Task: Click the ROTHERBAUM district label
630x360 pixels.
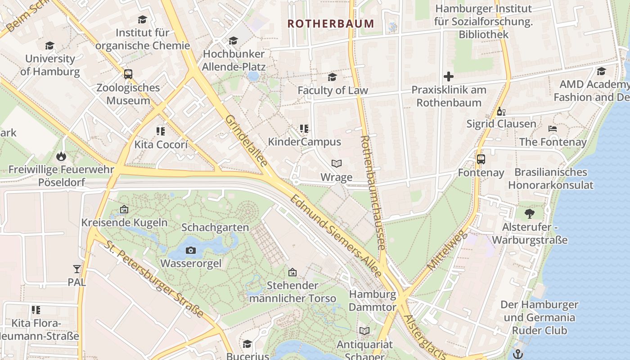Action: (331, 23)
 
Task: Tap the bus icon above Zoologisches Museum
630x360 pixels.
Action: (128, 74)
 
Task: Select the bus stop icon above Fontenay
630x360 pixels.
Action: (481, 159)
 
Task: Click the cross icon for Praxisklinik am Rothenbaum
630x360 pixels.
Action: (448, 76)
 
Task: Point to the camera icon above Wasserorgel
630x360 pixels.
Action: (191, 250)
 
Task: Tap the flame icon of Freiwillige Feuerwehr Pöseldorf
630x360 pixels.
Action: (61, 156)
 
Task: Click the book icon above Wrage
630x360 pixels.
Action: (337, 163)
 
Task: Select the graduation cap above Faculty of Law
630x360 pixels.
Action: (332, 77)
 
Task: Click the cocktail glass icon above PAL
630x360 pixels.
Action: (77, 269)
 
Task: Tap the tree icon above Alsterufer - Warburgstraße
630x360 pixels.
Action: (529, 213)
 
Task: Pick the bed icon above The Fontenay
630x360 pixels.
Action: (553, 129)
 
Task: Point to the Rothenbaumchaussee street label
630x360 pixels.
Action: (373, 193)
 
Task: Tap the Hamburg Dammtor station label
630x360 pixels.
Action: (373, 301)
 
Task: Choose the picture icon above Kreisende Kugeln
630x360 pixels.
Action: (124, 209)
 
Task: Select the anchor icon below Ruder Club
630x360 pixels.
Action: (518, 353)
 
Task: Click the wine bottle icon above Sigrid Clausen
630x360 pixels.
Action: (501, 111)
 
